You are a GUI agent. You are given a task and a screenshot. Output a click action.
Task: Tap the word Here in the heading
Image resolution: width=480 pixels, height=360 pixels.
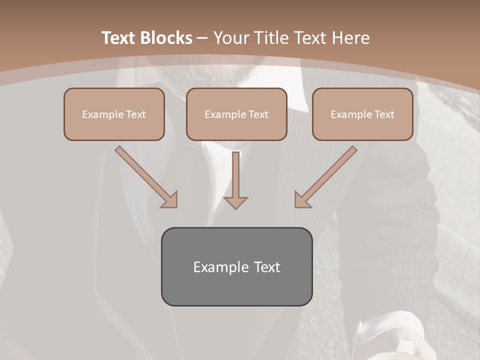click(352, 38)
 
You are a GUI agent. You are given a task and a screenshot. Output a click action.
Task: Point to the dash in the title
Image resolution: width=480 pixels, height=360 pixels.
click(202, 38)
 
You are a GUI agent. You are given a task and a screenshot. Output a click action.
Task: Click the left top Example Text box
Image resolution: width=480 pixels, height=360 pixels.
click(114, 114)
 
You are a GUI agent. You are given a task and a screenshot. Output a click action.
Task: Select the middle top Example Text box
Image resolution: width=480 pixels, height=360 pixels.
click(236, 114)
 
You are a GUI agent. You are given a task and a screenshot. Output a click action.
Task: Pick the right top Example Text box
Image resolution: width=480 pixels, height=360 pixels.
click(362, 114)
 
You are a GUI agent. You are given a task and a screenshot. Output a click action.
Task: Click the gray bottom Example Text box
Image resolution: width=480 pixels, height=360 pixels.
click(236, 266)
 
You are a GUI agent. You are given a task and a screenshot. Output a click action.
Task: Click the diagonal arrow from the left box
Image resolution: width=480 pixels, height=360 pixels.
click(145, 175)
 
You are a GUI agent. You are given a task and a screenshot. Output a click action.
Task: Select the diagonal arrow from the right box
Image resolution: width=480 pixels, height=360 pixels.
click(327, 175)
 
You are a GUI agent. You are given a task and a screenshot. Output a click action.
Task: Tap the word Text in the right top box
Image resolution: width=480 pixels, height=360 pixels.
click(384, 114)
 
